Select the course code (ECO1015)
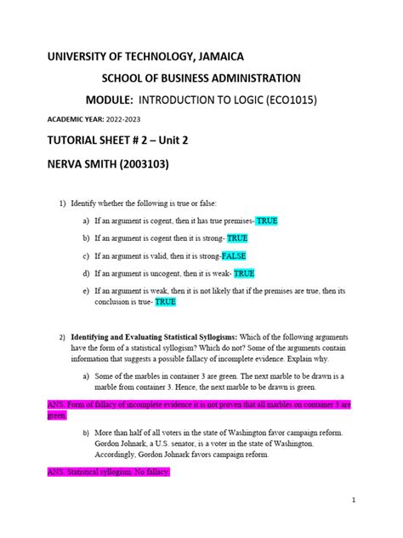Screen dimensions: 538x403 tap(285, 100)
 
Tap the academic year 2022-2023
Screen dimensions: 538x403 tap(126, 119)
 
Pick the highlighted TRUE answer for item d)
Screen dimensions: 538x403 tap(244, 273)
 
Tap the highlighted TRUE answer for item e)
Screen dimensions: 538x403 tap(166, 301)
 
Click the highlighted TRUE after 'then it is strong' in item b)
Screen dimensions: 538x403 tap(237, 238)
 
